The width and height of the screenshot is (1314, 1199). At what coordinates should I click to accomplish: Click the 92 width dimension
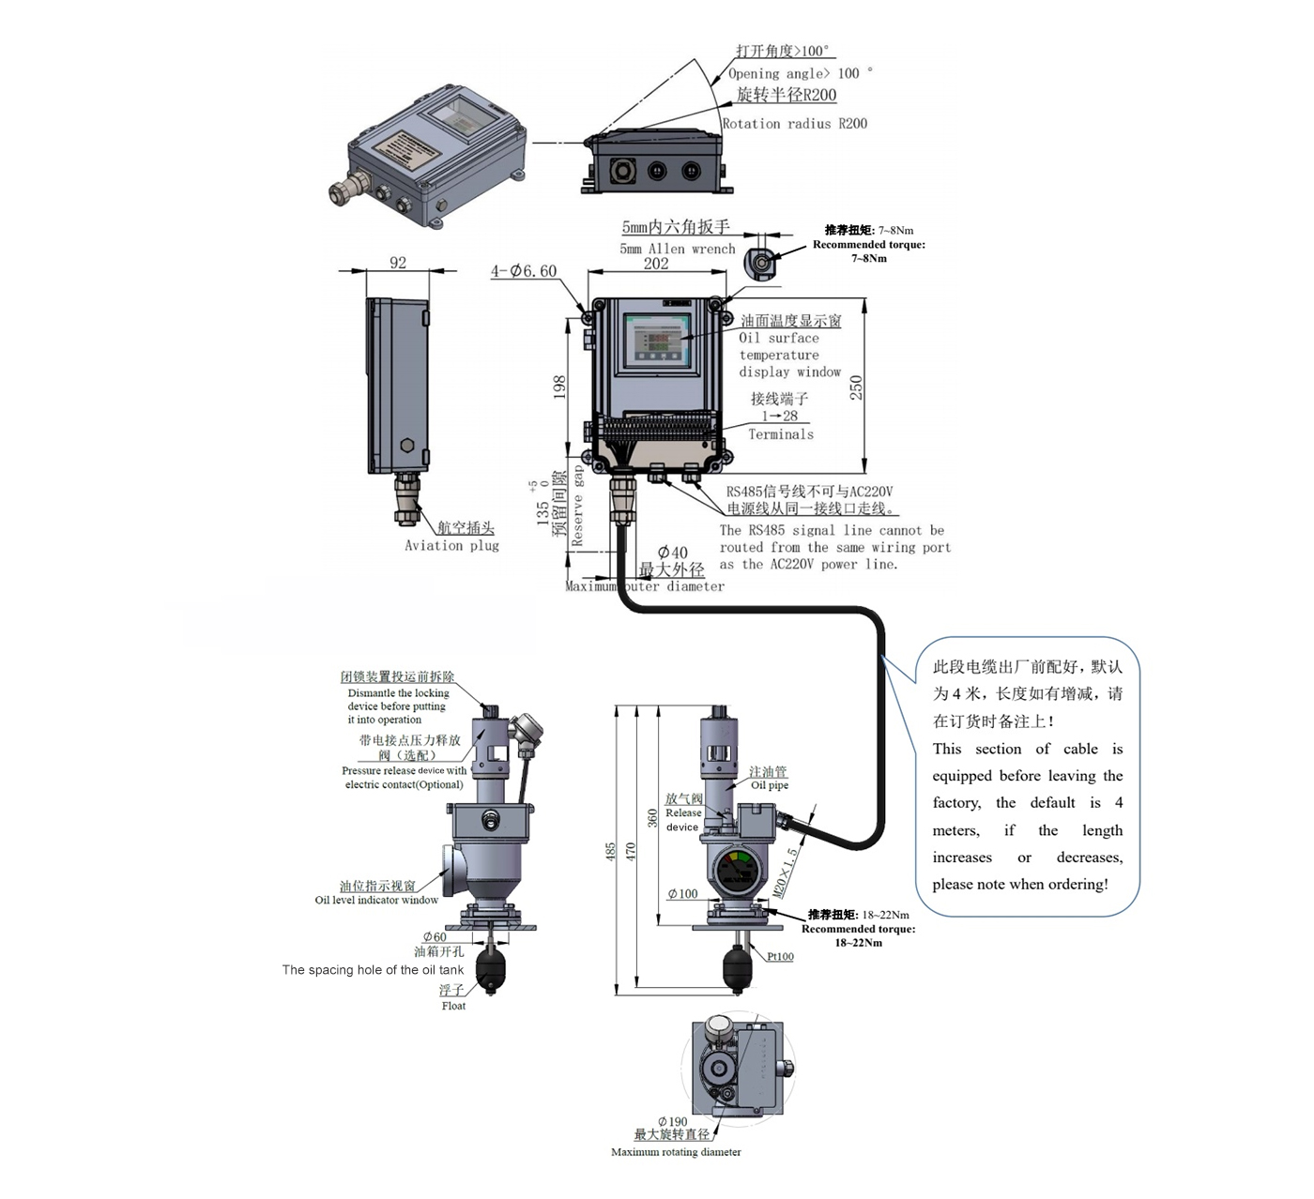(398, 263)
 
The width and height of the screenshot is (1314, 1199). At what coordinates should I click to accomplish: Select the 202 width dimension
(656, 264)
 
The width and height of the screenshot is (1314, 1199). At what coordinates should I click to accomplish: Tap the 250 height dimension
(856, 387)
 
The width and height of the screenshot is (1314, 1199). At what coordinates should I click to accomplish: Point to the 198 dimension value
(559, 387)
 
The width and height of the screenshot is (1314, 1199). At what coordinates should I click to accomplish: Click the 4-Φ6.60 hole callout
(524, 271)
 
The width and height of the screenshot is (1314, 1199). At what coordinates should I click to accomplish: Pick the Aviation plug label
(451, 545)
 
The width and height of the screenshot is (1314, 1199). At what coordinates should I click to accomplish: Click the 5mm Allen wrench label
(677, 249)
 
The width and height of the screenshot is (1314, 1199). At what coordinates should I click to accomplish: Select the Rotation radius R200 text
(794, 123)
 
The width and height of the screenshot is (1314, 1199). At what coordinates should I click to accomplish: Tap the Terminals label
(781, 433)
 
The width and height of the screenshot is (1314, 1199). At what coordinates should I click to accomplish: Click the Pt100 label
(780, 957)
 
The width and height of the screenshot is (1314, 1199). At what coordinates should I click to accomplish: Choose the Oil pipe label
(770, 785)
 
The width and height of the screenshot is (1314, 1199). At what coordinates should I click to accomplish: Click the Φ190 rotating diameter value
(673, 1121)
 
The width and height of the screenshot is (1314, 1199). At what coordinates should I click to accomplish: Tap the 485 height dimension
(611, 852)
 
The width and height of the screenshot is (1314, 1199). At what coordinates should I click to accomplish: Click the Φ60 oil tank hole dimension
(435, 936)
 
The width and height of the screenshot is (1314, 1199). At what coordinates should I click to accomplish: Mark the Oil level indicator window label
(376, 900)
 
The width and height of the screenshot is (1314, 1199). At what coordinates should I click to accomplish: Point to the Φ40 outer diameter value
(672, 553)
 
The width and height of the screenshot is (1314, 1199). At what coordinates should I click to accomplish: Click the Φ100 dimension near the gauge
(682, 894)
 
